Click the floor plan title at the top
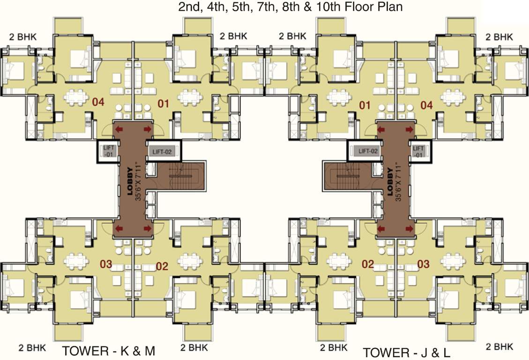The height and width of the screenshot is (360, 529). (291, 7)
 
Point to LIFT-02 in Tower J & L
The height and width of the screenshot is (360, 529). (368, 151)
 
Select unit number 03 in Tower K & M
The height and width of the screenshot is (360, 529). (106, 264)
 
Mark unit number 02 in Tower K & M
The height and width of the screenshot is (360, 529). (162, 266)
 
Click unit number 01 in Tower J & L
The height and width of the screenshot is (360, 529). (365, 105)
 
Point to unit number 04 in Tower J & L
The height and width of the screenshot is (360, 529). (425, 105)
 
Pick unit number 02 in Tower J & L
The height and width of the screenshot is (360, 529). (368, 264)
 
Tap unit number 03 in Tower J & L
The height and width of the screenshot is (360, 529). (423, 264)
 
